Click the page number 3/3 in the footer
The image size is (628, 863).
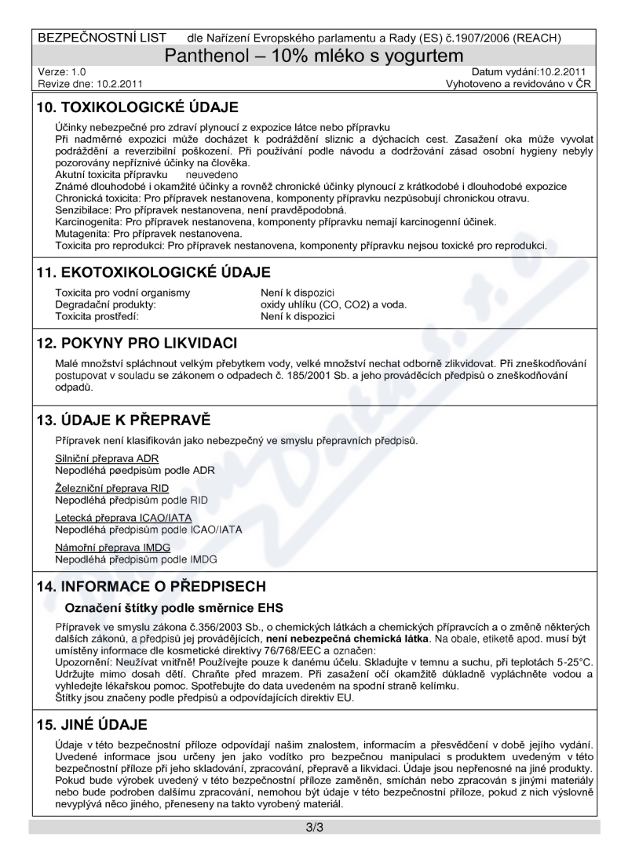314,828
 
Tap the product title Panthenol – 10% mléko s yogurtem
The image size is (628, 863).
314,56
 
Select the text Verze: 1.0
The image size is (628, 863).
62,71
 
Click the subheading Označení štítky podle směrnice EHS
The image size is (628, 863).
167,608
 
